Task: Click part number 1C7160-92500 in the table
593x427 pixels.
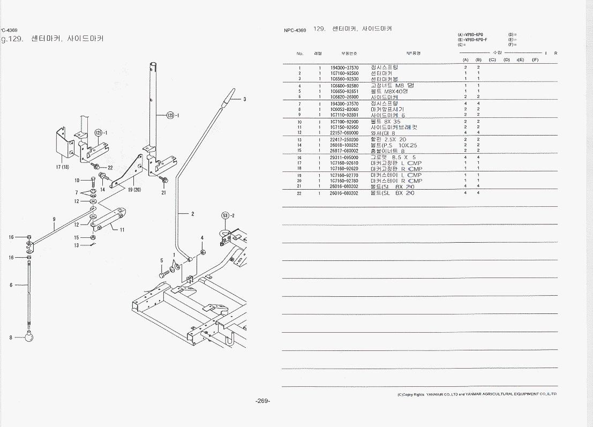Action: pos(344,73)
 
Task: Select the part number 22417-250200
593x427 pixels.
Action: pos(344,139)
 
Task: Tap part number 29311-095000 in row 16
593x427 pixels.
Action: pos(344,158)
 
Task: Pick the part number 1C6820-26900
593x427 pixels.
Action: pos(344,97)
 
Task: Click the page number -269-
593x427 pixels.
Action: pos(262,401)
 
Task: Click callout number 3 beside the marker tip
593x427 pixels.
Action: pos(245,99)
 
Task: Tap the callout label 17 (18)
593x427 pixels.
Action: pos(62,167)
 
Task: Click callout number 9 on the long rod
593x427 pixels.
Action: pos(54,219)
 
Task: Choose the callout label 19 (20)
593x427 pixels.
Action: pos(135,189)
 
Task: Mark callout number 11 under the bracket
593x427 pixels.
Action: pos(122,230)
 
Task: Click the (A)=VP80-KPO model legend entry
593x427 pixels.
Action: pos(471,35)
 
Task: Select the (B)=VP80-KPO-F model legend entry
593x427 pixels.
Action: pos(472,40)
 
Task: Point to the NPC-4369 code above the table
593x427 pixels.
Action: pos(295,31)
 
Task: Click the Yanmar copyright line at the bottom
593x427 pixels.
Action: pos(477,394)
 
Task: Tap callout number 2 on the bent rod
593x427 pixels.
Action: pos(192,214)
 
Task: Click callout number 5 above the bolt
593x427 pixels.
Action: pos(161,260)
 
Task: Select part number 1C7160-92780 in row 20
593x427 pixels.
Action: pos(344,181)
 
